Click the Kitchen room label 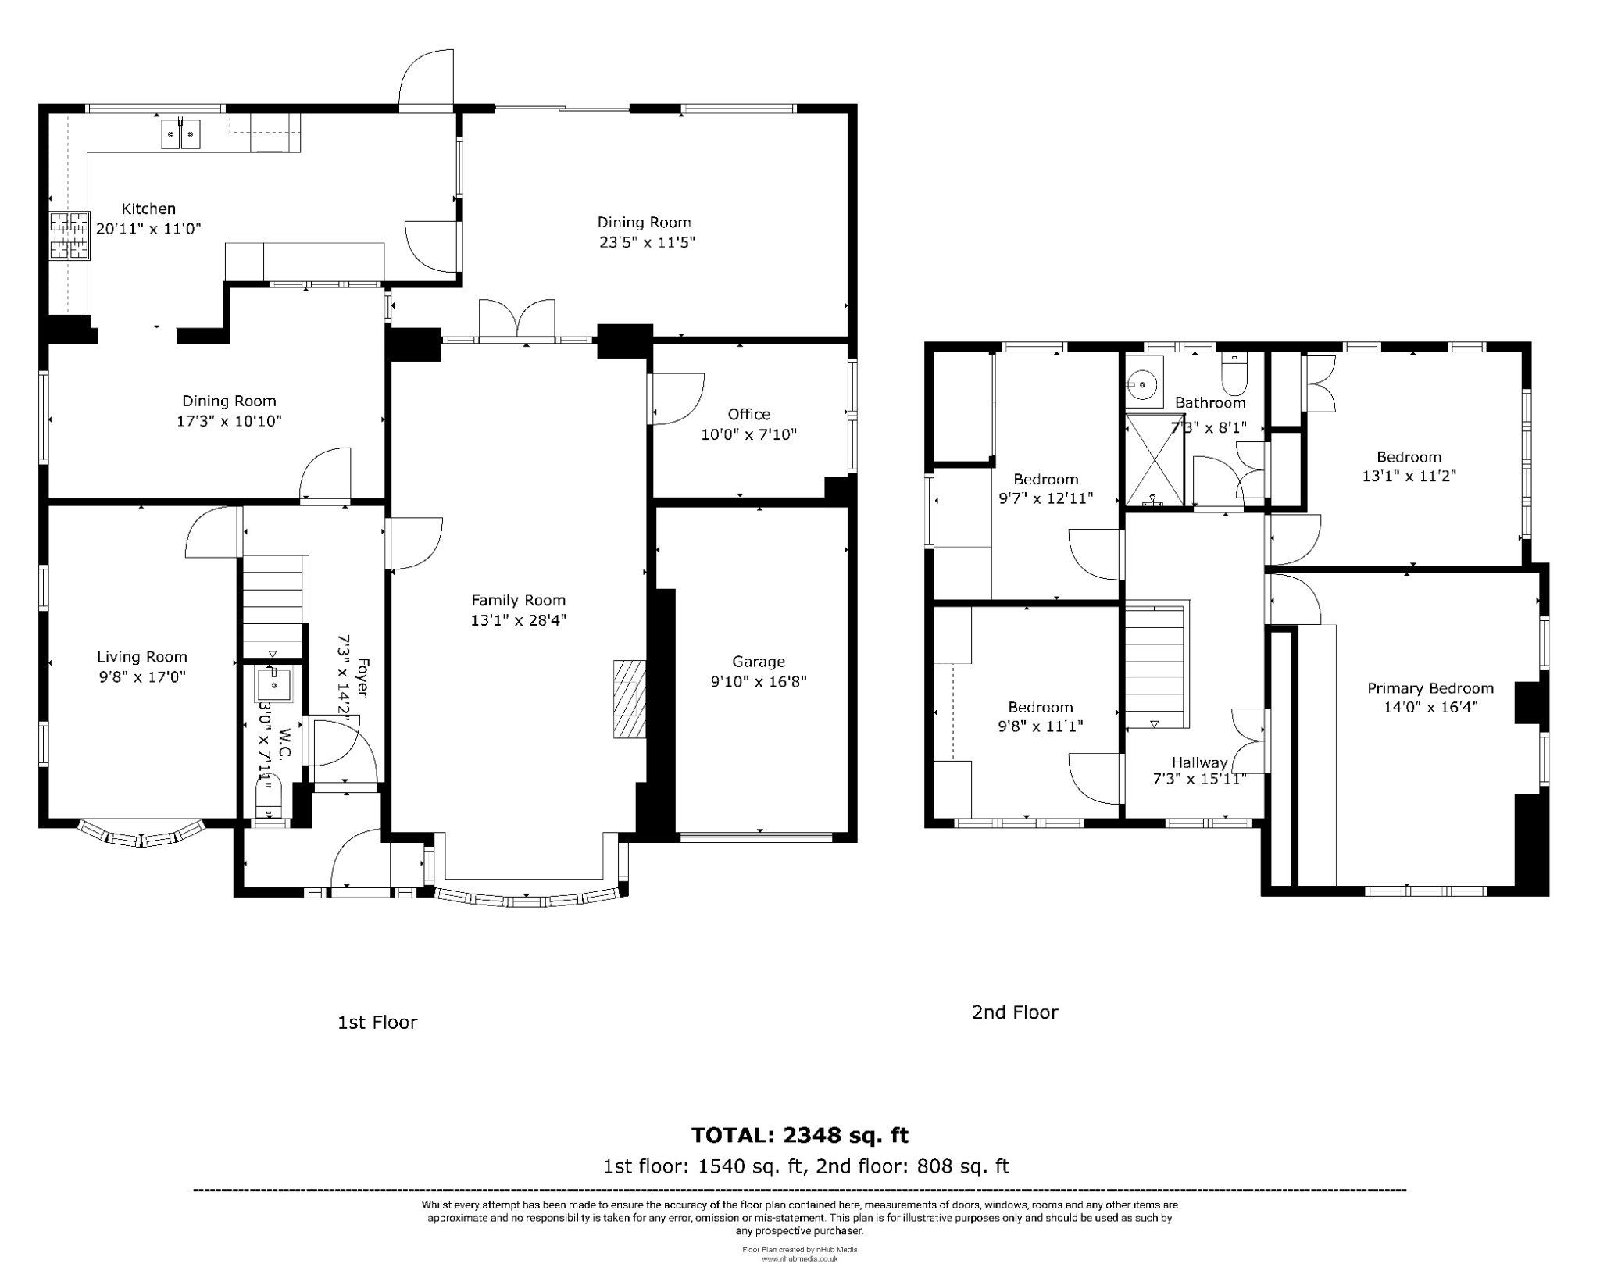[x=148, y=209]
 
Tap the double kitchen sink [x=181, y=134]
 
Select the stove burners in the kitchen [x=70, y=235]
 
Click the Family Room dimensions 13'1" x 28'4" [x=518, y=620]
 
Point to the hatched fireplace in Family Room [x=630, y=699]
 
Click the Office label [x=748, y=414]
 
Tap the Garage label [x=758, y=662]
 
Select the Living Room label [x=142, y=657]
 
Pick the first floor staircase [x=272, y=602]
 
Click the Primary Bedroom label [x=1430, y=688]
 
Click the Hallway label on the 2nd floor [x=1199, y=762]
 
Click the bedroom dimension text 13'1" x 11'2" [x=1409, y=476]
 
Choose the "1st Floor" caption [x=377, y=1022]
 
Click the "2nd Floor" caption [x=1014, y=1012]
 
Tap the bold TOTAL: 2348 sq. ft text [x=799, y=1134]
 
